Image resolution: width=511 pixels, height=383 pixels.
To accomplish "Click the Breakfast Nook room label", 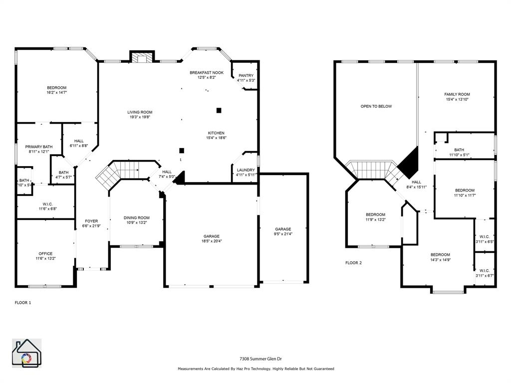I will point(207,73).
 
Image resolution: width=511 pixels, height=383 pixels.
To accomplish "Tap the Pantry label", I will point(246,75).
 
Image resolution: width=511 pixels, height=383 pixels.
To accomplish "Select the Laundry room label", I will point(246,170).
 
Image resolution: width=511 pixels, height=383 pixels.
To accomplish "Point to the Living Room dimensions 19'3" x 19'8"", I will point(140,117).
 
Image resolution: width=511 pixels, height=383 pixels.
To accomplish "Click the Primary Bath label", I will point(39,147).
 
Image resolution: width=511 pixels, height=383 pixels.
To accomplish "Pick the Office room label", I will point(45,254).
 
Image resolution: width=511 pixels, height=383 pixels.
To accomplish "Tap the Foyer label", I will point(91,221).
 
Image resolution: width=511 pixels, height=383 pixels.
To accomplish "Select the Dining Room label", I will point(137,217).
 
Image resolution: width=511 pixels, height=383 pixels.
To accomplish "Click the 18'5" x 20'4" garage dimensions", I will point(211,241).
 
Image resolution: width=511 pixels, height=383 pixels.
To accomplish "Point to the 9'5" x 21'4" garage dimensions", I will point(283,234).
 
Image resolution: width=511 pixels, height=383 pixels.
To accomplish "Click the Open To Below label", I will point(376,106).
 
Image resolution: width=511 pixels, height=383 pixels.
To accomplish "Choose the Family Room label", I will point(457,94).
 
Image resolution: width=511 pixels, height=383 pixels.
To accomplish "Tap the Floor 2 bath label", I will point(459,150).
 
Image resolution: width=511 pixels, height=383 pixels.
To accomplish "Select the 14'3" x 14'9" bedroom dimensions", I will point(440,259).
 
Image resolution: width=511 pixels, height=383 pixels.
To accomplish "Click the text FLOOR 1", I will point(23,302).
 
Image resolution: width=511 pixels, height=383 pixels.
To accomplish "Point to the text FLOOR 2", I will point(354,262).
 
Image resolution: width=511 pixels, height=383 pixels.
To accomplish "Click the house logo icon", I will point(26,353).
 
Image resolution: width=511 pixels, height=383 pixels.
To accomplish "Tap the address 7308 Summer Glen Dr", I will point(255,359).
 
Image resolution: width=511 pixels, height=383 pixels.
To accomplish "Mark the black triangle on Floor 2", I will point(409,163).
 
